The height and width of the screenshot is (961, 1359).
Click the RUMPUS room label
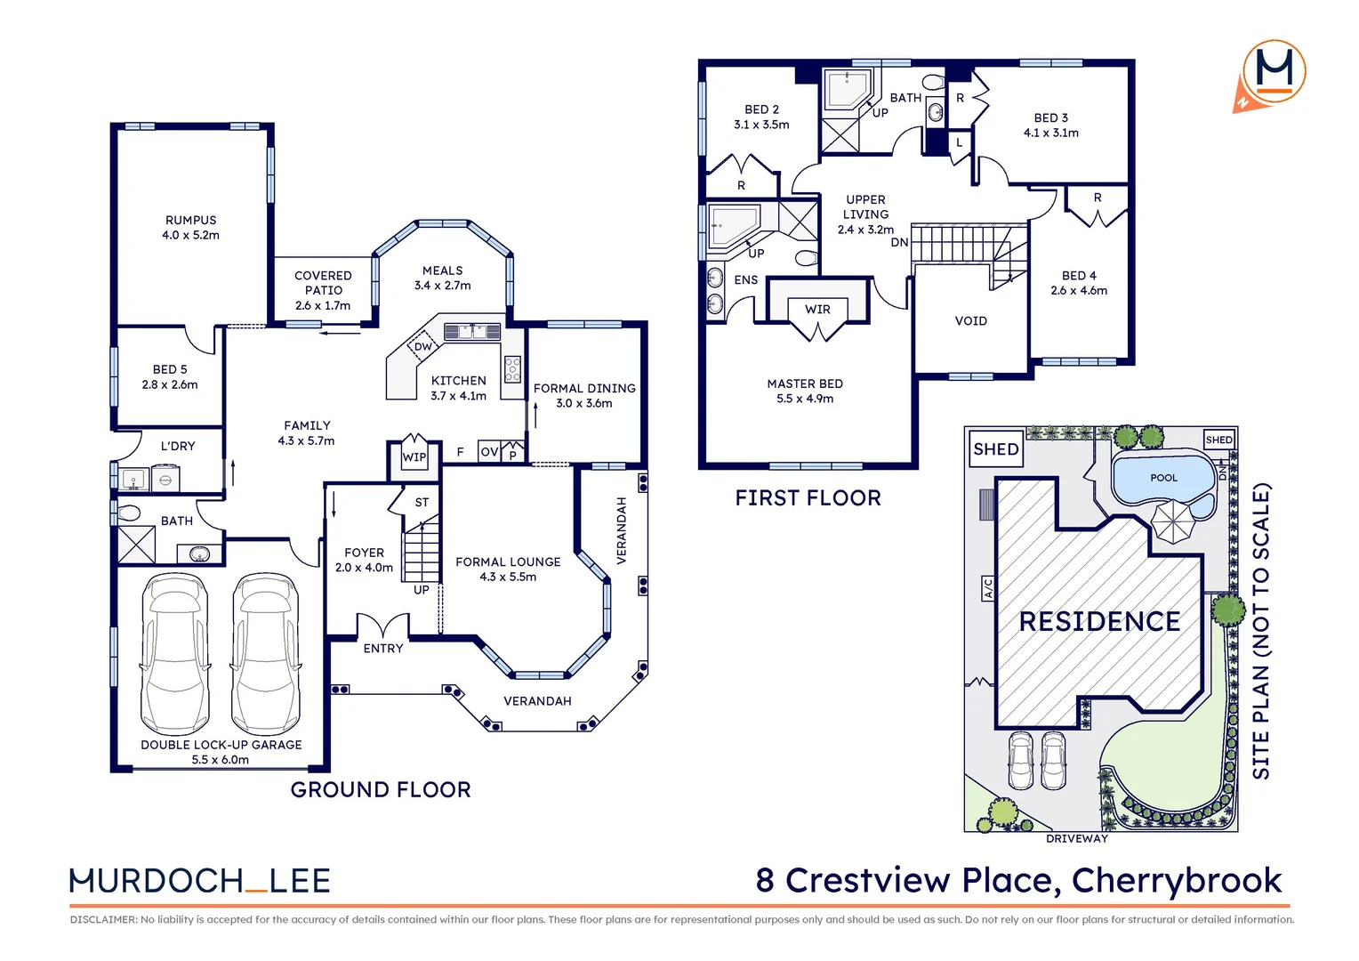point(190,221)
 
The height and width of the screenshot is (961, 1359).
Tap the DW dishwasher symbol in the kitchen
point(423,346)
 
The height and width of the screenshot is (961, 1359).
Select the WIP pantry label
point(414,457)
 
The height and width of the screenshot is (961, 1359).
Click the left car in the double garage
point(175,654)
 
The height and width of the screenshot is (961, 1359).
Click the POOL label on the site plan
point(1163,478)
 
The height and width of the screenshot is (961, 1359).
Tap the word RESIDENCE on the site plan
point(1099,621)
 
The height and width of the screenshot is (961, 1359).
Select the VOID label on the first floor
point(970,321)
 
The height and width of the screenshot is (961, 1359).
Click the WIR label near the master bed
point(817,310)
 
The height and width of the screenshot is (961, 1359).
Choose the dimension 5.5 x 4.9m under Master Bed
point(805,399)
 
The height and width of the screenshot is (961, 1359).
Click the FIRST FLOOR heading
point(808,498)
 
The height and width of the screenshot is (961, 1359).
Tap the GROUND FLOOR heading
point(381,789)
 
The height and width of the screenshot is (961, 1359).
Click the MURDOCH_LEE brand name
point(200,881)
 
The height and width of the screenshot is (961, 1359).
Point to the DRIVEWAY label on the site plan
point(1076,838)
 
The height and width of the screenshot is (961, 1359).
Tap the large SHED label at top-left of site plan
point(996,449)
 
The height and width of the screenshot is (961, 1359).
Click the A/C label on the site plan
point(987,588)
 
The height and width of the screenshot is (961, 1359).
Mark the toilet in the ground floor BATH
point(129,513)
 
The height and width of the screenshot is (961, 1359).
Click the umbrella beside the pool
point(1173,521)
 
